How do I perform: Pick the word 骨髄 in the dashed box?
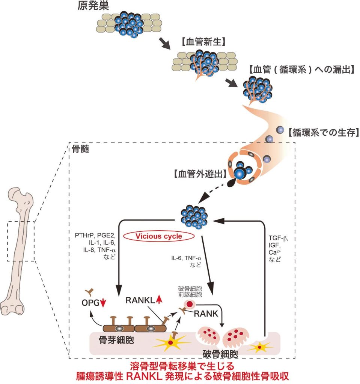[x=81, y=149]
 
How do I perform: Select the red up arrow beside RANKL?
[x=159, y=299]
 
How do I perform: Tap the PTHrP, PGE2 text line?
[x=96, y=236]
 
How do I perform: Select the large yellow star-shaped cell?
[x=171, y=343]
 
